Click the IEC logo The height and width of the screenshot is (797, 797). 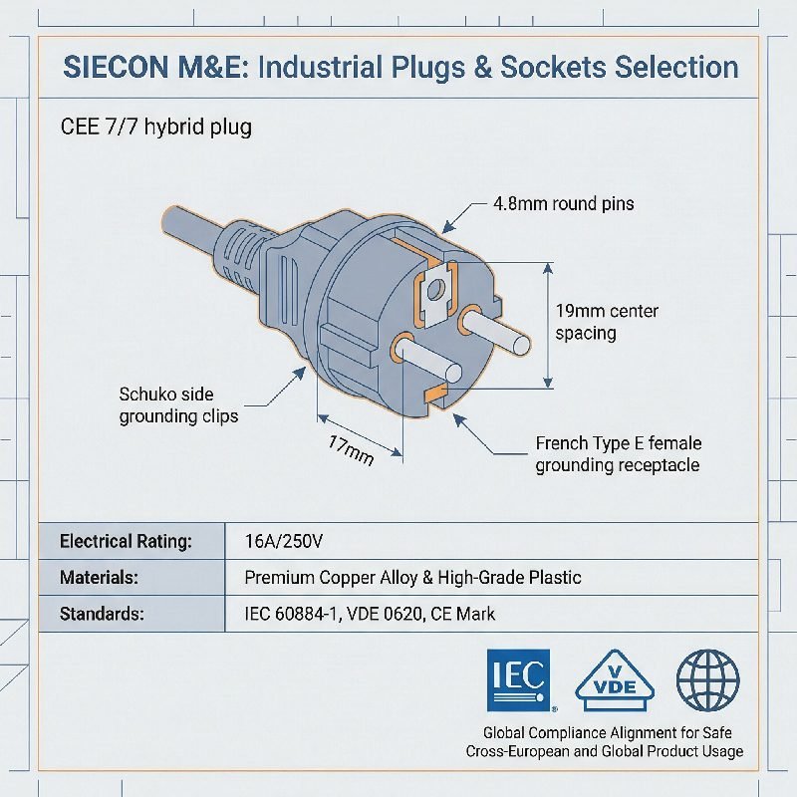coord(517,681)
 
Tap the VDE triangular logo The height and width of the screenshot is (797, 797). coord(615,685)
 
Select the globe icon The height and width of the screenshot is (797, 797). coord(707,680)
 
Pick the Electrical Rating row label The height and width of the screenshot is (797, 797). coord(126,541)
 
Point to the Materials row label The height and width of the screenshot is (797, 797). coord(99,577)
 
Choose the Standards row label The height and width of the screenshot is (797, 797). coord(102,614)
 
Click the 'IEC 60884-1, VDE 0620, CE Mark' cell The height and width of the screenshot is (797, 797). coord(370,614)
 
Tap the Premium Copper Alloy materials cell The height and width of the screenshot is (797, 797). coord(412,577)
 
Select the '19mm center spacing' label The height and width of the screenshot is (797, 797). coord(606,322)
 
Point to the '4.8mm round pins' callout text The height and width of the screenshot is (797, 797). coord(563,203)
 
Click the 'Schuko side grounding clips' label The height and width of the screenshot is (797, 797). coord(178,405)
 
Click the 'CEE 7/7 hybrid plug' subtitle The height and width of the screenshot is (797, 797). coord(155,127)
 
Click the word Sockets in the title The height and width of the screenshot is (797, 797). coord(555,67)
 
